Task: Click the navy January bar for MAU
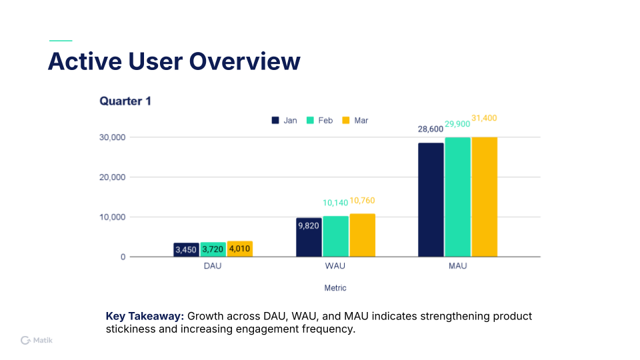coord(431,199)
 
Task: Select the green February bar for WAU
coord(335,236)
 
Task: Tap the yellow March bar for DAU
coord(239,249)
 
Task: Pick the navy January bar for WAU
coord(309,237)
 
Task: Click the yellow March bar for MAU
coord(484,197)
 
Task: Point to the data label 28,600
coord(431,129)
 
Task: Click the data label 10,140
coord(335,203)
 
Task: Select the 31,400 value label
coord(484,118)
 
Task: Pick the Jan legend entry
coord(284,121)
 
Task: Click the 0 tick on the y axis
coord(123,257)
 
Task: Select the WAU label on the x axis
coord(335,266)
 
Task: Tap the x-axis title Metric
coord(335,288)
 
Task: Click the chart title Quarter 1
coord(125,101)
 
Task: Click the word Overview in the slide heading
coord(245,61)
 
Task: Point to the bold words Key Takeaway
coord(145,316)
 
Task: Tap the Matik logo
coord(37,340)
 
